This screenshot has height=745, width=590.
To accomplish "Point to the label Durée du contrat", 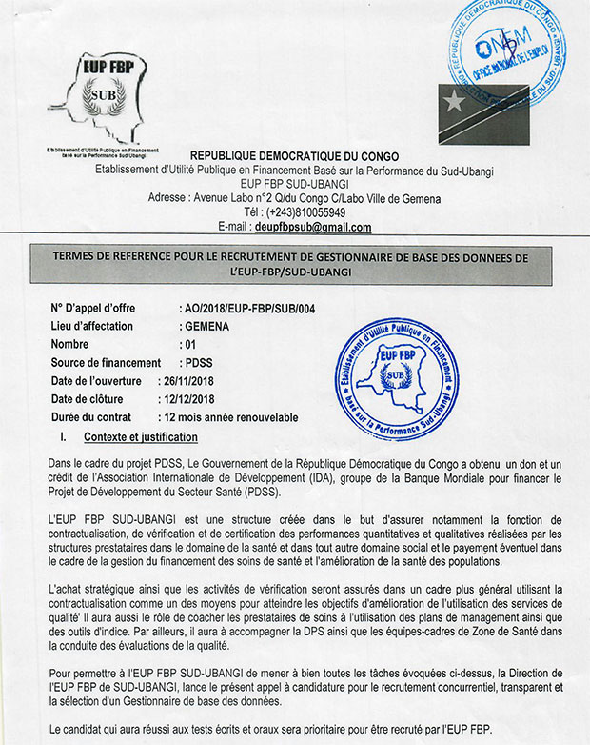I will [96, 418].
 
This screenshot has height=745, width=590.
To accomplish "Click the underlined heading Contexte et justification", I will [140, 437].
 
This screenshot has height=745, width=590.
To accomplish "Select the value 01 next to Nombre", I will [190, 344].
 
